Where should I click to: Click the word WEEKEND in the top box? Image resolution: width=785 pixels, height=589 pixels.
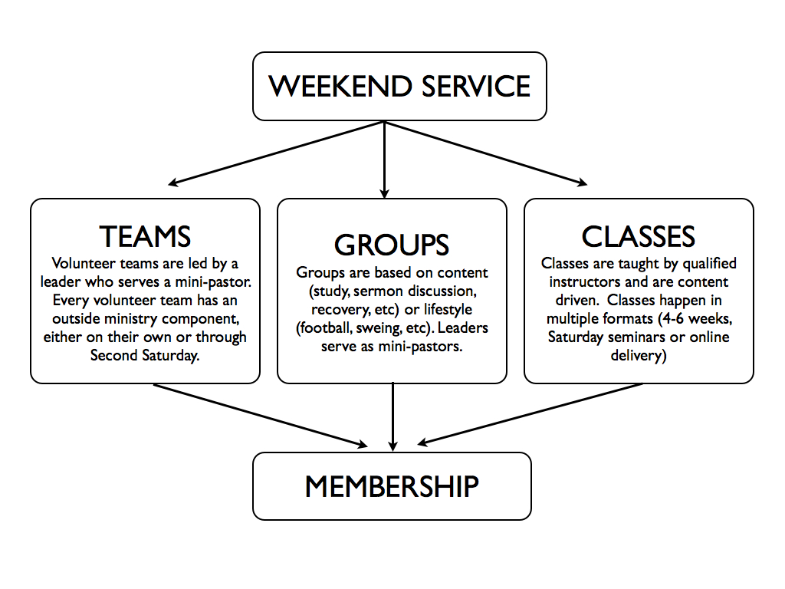click(340, 86)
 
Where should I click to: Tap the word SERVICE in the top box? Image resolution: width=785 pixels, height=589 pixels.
click(476, 86)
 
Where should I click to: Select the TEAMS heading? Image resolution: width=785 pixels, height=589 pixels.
click(145, 236)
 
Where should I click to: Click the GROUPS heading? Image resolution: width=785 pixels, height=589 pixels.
click(392, 245)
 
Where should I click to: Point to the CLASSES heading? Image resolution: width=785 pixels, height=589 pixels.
click(639, 236)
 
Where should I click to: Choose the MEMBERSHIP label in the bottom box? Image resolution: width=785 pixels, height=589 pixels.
click(392, 486)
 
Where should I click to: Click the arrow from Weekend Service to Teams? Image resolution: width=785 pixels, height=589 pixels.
click(276, 153)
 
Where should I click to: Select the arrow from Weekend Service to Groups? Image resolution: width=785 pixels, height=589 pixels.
click(385, 160)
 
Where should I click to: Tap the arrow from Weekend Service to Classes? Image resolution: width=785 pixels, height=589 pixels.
click(486, 153)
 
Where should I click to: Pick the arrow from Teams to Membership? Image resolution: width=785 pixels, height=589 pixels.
click(261, 415)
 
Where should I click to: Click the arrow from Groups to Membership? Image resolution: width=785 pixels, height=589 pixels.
click(393, 416)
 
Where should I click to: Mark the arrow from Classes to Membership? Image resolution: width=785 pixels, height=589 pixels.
click(530, 414)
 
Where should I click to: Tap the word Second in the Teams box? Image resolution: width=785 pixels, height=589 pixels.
click(114, 356)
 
